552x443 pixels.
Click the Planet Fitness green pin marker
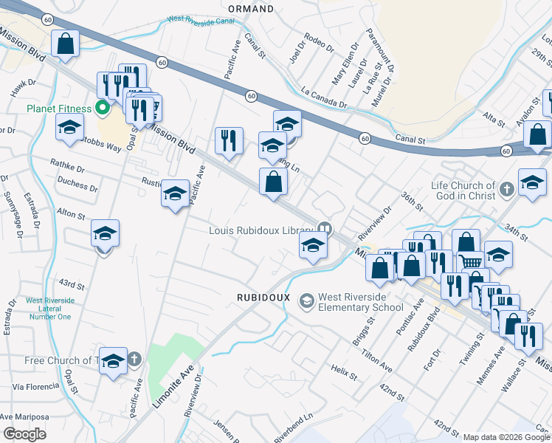tap(103, 109)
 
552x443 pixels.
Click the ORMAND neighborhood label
tap(251, 9)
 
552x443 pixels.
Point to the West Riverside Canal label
tap(201, 21)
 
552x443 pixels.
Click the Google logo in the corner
tap(24, 434)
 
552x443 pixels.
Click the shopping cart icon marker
tap(471, 261)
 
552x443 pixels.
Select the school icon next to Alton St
tap(106, 234)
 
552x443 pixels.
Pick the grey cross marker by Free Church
tap(134, 360)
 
